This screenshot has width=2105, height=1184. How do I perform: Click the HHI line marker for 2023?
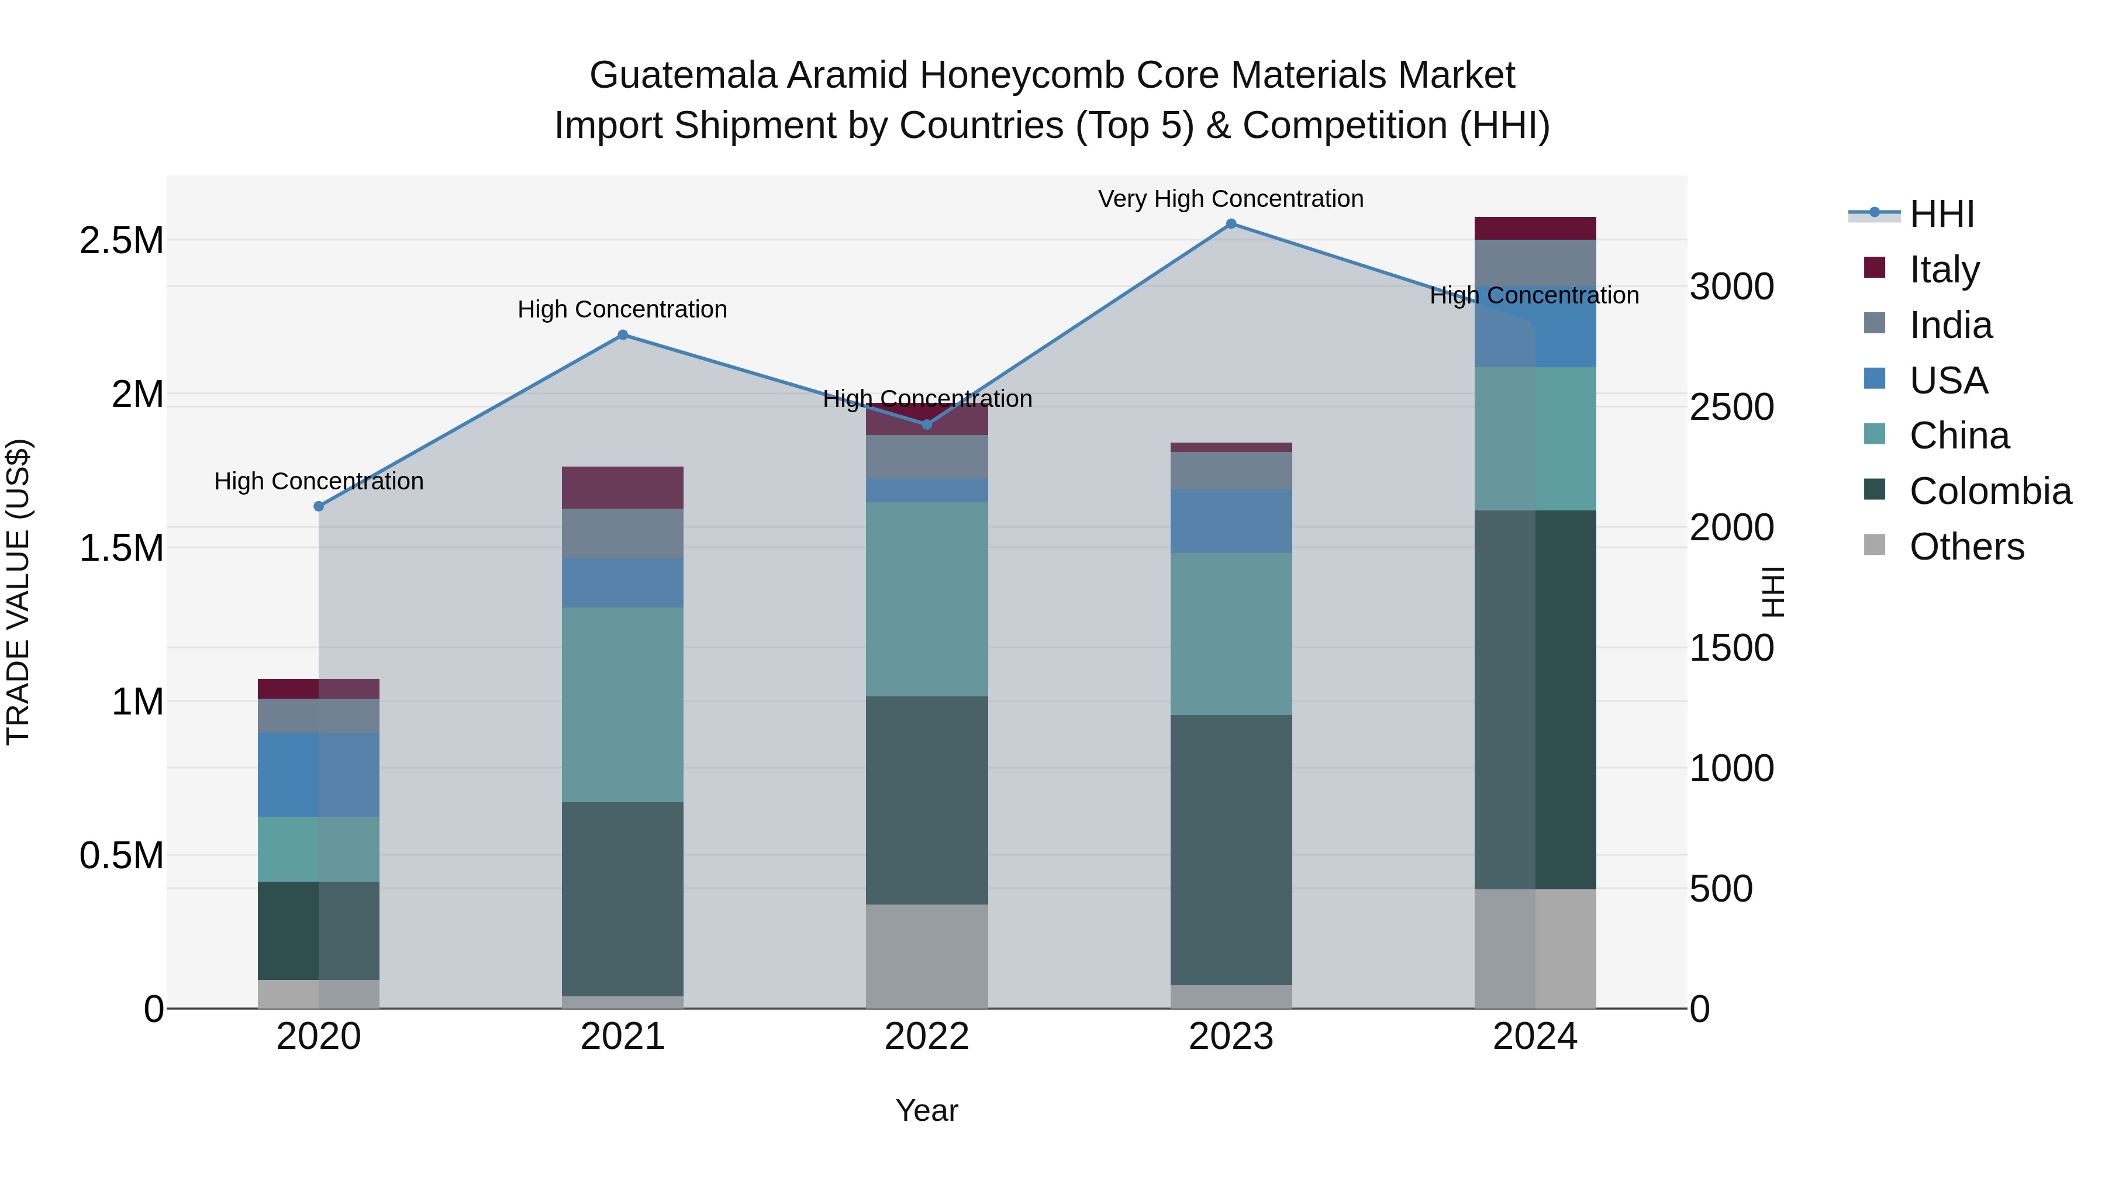(x=1231, y=224)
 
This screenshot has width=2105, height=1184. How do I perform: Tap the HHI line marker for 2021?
(x=623, y=335)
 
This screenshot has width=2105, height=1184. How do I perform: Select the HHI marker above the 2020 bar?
(x=319, y=506)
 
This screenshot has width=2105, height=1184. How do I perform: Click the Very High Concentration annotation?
(x=1231, y=199)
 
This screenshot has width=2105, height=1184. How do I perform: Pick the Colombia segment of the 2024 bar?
(x=1535, y=699)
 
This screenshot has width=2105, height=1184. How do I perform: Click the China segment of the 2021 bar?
(x=623, y=705)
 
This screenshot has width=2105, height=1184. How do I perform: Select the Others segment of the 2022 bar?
(x=927, y=956)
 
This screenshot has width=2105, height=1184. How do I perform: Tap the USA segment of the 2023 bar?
(x=1231, y=522)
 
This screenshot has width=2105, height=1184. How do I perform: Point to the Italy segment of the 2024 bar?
(x=1535, y=229)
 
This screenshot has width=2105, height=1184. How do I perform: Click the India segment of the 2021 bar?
(x=623, y=534)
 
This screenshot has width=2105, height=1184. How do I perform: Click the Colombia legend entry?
(x=1990, y=492)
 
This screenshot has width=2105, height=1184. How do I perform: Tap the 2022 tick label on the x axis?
(x=927, y=1037)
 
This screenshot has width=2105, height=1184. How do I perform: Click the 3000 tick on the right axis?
(x=1731, y=288)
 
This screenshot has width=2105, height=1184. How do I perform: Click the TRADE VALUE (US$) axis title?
(x=18, y=592)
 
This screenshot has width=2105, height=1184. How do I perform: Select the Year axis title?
(x=927, y=1110)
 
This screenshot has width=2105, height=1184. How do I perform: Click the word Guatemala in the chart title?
(x=683, y=75)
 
